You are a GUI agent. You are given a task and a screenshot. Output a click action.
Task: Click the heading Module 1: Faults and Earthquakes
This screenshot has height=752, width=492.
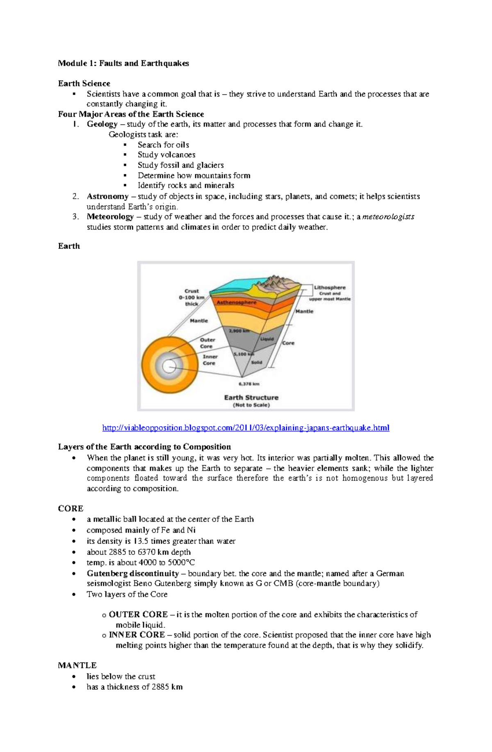point(123,63)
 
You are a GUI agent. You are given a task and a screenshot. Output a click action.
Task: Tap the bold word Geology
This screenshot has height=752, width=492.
point(102,124)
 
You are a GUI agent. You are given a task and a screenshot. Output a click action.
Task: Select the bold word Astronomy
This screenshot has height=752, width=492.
point(107,196)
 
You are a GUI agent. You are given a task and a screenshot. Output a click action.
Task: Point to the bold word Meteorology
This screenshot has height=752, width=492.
point(110,216)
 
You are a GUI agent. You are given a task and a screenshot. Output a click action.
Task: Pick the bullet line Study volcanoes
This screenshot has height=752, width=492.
point(166,155)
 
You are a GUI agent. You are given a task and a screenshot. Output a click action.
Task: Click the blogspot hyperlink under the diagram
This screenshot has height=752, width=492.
point(246,428)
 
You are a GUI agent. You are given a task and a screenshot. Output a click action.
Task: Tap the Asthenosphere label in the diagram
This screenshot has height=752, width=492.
point(236,302)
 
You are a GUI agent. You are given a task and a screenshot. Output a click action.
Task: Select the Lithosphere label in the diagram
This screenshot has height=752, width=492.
point(330,288)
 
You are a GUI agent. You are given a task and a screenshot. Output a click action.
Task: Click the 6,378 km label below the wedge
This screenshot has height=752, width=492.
point(249,384)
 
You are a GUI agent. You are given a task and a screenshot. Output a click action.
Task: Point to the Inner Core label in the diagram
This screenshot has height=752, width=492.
point(210,360)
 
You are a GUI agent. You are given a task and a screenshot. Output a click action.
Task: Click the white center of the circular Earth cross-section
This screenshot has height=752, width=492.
point(169,366)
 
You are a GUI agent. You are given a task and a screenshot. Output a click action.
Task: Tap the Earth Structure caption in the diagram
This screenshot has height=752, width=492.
point(251,398)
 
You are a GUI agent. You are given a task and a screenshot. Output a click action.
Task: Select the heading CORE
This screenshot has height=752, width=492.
point(71,509)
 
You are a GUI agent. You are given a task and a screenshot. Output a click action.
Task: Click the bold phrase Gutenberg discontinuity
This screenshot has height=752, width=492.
point(132,573)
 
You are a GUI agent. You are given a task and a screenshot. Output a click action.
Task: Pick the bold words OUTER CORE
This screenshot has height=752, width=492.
point(138,614)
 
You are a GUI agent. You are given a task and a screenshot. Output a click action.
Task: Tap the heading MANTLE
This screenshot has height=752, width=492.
point(77,665)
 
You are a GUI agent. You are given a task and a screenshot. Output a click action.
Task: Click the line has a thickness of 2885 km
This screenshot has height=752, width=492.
point(134,687)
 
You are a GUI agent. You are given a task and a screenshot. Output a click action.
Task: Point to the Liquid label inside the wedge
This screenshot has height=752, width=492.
point(266,339)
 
